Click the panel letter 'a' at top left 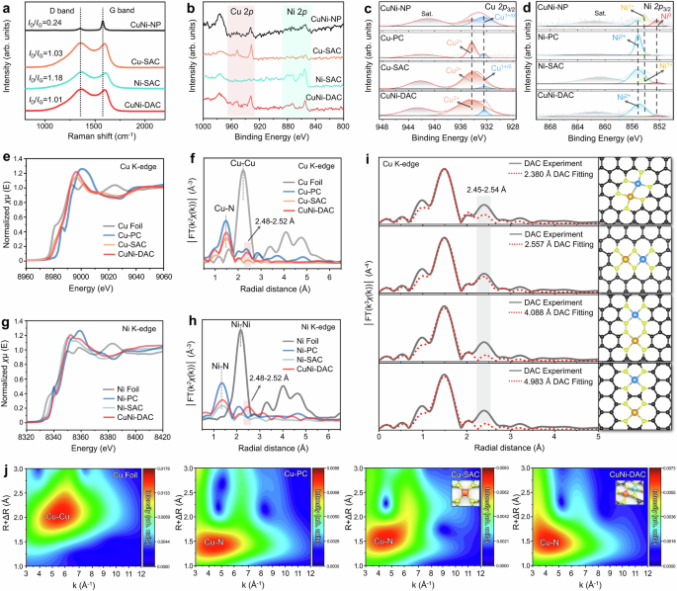[7, 7]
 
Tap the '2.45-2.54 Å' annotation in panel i [482, 187]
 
